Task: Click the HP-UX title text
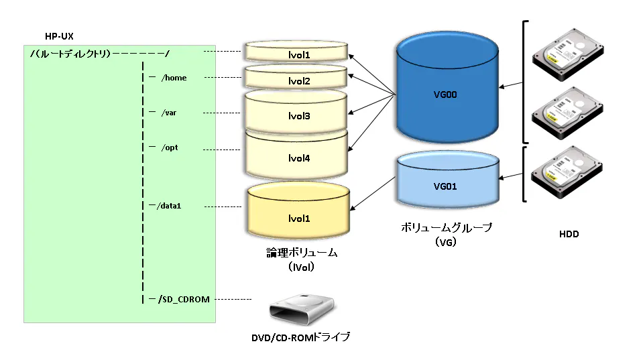point(59,36)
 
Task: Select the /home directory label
point(174,78)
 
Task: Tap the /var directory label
point(169,113)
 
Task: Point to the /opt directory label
point(170,147)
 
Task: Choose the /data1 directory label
point(169,206)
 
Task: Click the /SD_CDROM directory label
point(184,300)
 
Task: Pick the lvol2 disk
point(296,77)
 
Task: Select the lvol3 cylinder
point(296,112)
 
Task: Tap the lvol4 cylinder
point(296,155)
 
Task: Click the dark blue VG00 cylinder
point(447,87)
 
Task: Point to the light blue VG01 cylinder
point(448,179)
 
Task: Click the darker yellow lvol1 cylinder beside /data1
point(298,211)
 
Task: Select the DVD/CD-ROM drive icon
point(302,309)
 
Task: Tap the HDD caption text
point(569,234)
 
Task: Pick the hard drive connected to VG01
point(567,172)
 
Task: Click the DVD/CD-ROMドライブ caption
point(301,337)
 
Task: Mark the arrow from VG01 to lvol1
point(373,194)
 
